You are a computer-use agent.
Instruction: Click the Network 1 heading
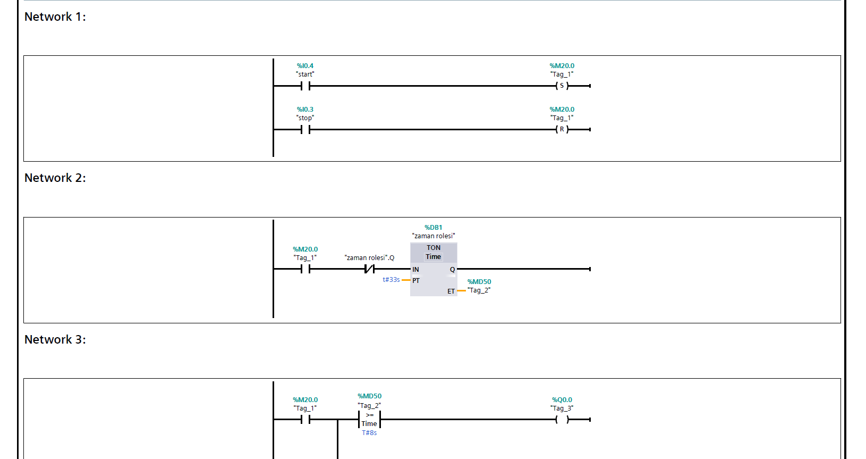click(55, 17)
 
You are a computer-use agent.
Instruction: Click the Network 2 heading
click(55, 178)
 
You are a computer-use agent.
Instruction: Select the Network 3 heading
click(55, 340)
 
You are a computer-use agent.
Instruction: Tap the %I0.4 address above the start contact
click(305, 66)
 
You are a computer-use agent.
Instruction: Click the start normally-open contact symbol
click(305, 86)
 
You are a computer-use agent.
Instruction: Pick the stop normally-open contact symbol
click(305, 129)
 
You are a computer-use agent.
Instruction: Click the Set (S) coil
click(562, 86)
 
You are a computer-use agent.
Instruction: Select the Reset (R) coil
click(562, 129)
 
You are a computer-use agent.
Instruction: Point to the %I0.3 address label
click(305, 110)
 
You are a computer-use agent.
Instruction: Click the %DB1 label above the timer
click(433, 228)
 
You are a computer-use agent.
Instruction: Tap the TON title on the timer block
click(434, 248)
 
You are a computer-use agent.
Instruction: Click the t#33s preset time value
click(391, 280)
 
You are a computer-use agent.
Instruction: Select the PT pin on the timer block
click(416, 281)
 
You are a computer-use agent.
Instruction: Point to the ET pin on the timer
click(451, 291)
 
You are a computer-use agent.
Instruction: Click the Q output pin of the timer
click(452, 270)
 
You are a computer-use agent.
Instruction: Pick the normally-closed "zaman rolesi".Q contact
click(369, 269)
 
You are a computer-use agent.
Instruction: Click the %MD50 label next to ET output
click(479, 282)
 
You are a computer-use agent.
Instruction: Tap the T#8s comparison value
click(369, 433)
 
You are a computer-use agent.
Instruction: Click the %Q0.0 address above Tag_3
click(562, 400)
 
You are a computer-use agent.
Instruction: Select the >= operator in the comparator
click(370, 415)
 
